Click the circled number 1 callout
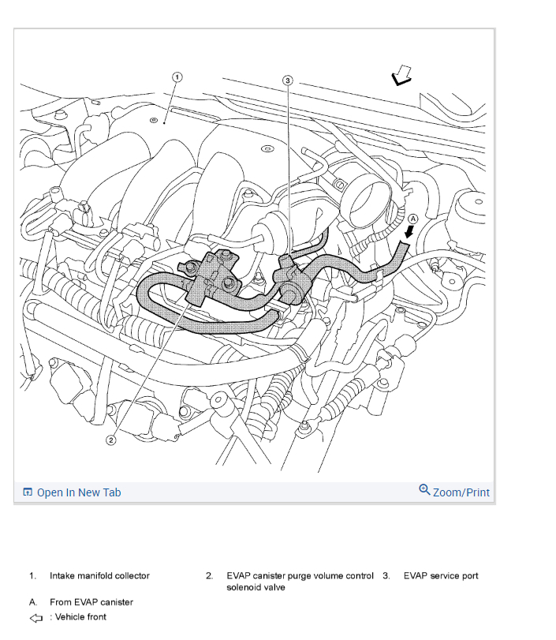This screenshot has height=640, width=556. pyautogui.click(x=177, y=77)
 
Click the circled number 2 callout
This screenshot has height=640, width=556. pyautogui.click(x=111, y=440)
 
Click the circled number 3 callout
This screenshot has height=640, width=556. pyautogui.click(x=288, y=80)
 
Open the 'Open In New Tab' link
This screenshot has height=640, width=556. pyautogui.click(x=79, y=492)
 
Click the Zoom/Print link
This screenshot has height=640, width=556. pyautogui.click(x=461, y=492)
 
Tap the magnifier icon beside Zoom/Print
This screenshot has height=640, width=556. pyautogui.click(x=424, y=490)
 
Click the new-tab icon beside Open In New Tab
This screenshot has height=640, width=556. pyautogui.click(x=28, y=492)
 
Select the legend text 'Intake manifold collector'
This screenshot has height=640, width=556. pyautogui.click(x=99, y=576)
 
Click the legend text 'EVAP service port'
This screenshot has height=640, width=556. pyautogui.click(x=441, y=576)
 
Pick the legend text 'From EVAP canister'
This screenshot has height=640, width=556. pyautogui.click(x=91, y=602)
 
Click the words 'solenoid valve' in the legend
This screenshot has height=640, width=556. pyautogui.click(x=256, y=587)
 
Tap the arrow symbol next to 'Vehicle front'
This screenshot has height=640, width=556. pyautogui.click(x=35, y=617)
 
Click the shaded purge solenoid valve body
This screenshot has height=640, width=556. pyautogui.click(x=210, y=272)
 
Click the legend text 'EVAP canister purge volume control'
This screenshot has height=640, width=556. pyautogui.click(x=300, y=576)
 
